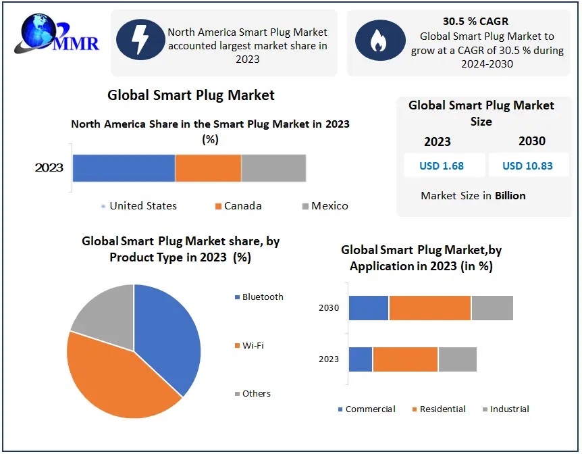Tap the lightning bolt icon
coord(140,39)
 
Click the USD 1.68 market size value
coord(442,166)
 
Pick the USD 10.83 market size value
coord(527,166)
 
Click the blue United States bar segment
coord(124,168)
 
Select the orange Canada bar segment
coord(208,168)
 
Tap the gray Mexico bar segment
coord(273,168)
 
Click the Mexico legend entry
coord(325,206)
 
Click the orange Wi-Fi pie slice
coord(119,379)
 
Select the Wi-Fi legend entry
coord(249,345)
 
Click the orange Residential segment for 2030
coord(430,308)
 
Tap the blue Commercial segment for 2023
coord(361,359)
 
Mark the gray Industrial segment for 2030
coord(492,308)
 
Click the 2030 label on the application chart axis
coord(329,307)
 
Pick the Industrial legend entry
coord(506,409)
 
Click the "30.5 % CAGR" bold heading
coord(475,21)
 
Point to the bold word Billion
coord(510,195)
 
